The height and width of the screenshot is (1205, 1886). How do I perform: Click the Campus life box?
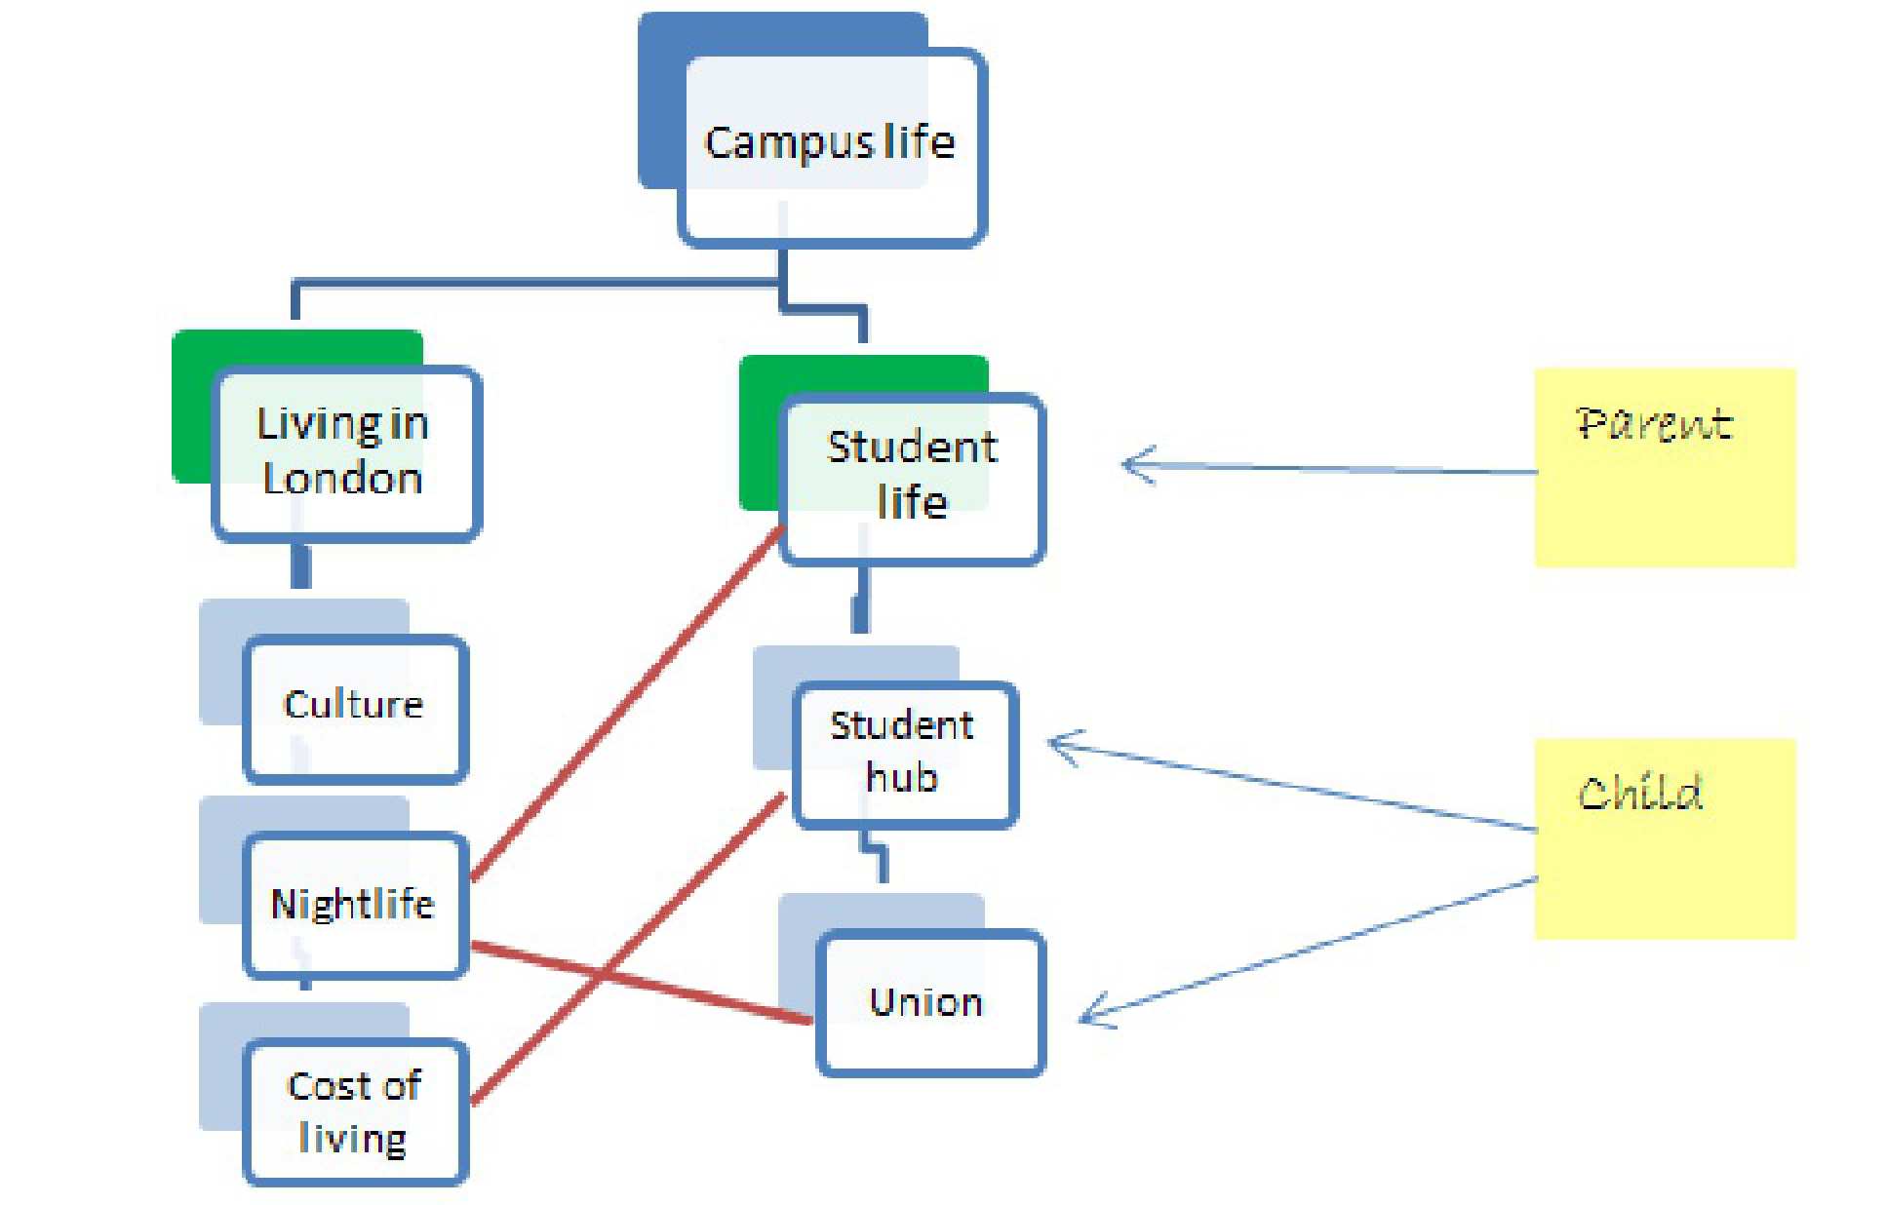click(x=832, y=146)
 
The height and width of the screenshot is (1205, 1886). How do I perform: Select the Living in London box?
click(x=346, y=453)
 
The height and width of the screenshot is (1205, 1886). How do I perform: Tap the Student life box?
click(x=913, y=478)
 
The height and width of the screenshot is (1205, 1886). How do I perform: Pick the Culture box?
click(x=355, y=708)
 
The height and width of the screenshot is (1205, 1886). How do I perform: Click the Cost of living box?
click(x=355, y=1112)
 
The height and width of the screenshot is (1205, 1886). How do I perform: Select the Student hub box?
click(x=905, y=754)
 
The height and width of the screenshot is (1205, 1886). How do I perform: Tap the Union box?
click(x=929, y=1003)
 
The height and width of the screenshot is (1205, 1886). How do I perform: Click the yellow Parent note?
click(x=1664, y=468)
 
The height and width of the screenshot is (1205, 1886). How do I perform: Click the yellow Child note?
click(x=1664, y=838)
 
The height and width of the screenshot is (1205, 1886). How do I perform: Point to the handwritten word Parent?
click(x=1654, y=424)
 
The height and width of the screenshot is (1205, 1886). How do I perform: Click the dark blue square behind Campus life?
click(x=659, y=97)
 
